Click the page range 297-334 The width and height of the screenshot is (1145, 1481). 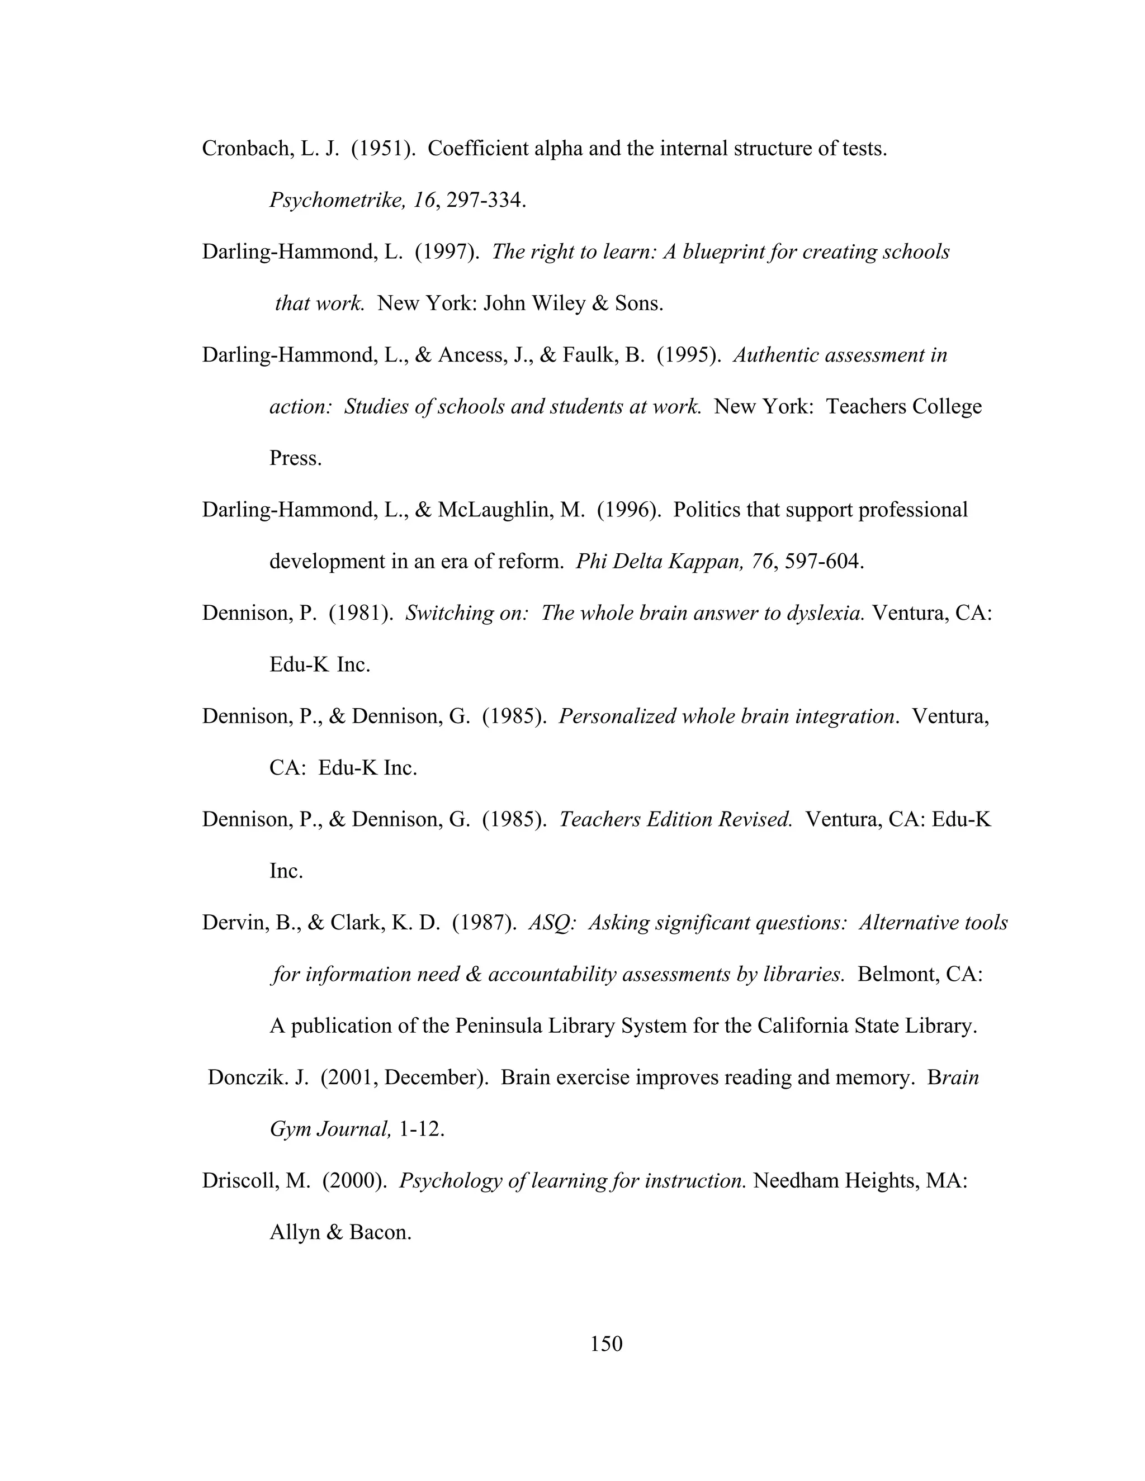(x=486, y=200)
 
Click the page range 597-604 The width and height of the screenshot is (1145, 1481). (x=824, y=562)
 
